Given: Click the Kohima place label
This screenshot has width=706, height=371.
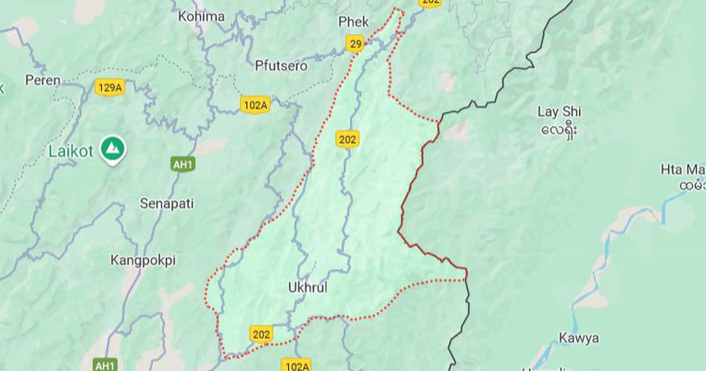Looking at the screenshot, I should (x=201, y=16).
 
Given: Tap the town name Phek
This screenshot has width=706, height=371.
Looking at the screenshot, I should (x=354, y=22).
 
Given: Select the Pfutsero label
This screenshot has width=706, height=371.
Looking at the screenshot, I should (x=281, y=66).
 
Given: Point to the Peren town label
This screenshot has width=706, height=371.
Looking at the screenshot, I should (x=43, y=80).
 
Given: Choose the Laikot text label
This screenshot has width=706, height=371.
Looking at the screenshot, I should (x=70, y=151).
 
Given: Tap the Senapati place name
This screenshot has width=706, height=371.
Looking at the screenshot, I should (x=166, y=204).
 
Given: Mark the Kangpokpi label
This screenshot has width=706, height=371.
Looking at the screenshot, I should (x=143, y=260).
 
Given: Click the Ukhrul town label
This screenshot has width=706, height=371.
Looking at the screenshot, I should (x=308, y=288).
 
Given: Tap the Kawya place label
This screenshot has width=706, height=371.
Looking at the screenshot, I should (x=579, y=338).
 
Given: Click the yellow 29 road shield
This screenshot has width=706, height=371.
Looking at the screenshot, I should (x=355, y=44).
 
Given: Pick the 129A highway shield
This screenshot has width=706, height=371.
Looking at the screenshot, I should (x=110, y=88).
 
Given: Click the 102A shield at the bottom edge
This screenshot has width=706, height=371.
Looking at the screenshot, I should (x=296, y=366).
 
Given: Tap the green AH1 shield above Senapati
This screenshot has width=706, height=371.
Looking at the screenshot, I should (x=183, y=165).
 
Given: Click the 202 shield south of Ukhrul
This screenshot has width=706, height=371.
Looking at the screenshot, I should (x=261, y=334).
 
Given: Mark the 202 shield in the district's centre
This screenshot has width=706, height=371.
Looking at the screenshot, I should (x=348, y=139).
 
